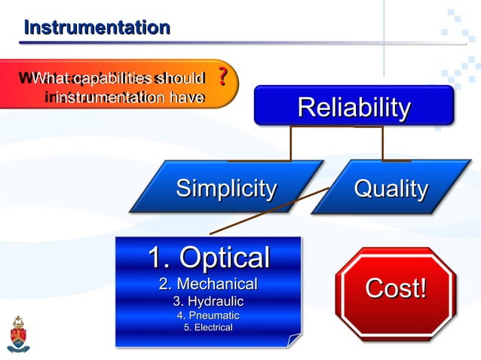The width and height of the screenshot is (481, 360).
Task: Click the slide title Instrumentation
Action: pyautogui.click(x=97, y=29)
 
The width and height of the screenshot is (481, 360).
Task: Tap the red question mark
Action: pyautogui.click(x=222, y=77)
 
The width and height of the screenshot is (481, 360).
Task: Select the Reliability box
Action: pyautogui.click(x=354, y=106)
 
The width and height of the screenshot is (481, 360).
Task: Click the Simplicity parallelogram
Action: pyautogui.click(x=225, y=188)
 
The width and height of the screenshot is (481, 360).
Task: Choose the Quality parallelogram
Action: pyautogui.click(x=391, y=188)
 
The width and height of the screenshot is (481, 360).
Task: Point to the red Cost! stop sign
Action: pyautogui.click(x=396, y=288)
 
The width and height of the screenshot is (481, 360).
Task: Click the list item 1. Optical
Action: pyautogui.click(x=208, y=258)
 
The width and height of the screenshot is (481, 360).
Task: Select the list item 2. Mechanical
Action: pyautogui.click(x=208, y=284)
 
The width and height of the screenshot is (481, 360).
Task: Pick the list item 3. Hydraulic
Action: pyautogui.click(x=208, y=301)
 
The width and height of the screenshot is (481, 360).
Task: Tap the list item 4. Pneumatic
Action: pyautogui.click(x=208, y=316)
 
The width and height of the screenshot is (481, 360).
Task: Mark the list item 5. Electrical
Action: pyautogui.click(x=208, y=328)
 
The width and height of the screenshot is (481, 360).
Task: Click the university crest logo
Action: pyautogui.click(x=18, y=334)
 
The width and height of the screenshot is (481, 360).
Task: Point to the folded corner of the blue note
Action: pyautogui.click(x=293, y=340)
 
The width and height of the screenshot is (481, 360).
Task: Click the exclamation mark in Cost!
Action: pyautogui.click(x=422, y=288)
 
